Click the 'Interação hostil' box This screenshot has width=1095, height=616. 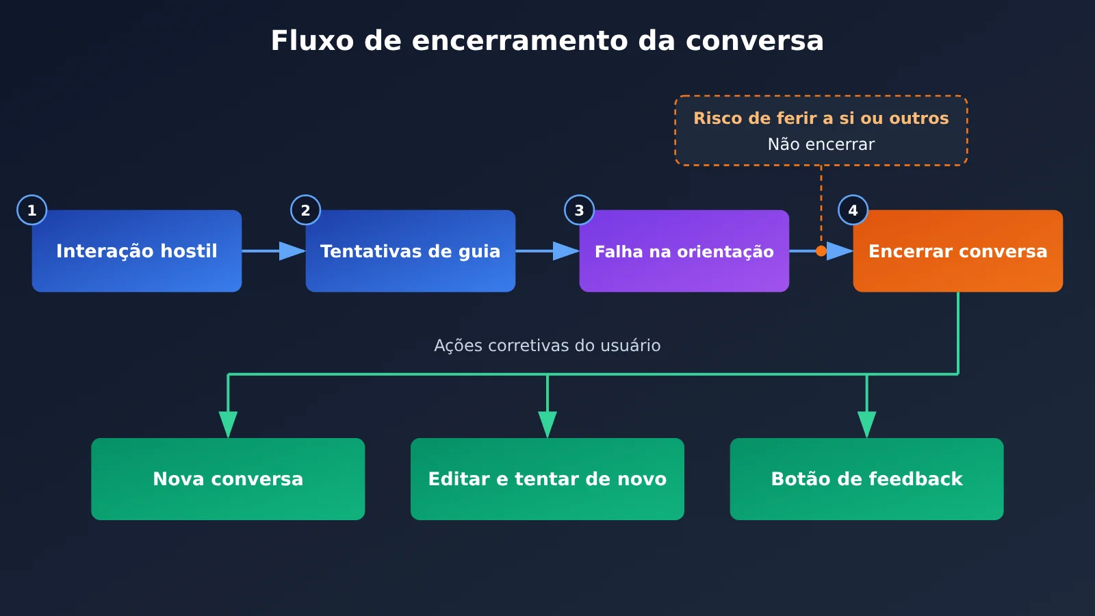click(x=137, y=251)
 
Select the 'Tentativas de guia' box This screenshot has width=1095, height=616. click(x=411, y=251)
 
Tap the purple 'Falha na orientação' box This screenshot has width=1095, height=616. click(x=684, y=251)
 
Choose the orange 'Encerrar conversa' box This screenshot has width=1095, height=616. click(x=958, y=251)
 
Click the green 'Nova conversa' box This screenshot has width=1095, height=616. click(x=228, y=479)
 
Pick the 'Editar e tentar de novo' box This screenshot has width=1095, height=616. click(x=547, y=479)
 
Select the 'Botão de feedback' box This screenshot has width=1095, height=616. click(x=866, y=479)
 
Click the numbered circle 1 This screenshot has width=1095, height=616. click(x=31, y=210)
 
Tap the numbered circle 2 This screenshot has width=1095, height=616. click(x=305, y=210)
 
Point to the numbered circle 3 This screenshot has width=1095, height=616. click(x=579, y=210)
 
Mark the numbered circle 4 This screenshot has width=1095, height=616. click(x=853, y=210)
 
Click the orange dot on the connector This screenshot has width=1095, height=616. click(x=821, y=251)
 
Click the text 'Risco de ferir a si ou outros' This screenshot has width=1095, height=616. click(x=821, y=118)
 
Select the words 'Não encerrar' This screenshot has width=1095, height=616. click(x=821, y=144)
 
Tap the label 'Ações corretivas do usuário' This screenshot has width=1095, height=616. click(x=547, y=346)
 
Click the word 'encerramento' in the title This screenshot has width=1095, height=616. click(x=520, y=40)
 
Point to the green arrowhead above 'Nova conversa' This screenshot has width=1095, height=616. click(x=228, y=425)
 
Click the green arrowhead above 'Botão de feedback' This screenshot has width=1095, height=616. click(x=866, y=425)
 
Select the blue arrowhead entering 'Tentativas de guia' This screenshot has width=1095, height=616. click(x=292, y=251)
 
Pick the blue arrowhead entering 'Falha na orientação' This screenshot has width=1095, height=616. click(x=566, y=251)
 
